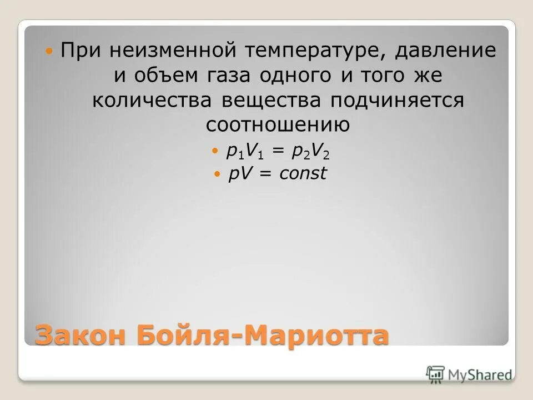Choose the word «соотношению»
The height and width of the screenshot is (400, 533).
coord(278,125)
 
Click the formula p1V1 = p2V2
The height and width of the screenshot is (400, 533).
coord(281,151)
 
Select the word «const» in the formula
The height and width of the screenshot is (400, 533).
coord(303,174)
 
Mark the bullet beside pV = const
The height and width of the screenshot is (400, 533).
coord(217,174)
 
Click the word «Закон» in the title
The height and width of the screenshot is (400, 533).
coord(79,336)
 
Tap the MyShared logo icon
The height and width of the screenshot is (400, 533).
coord(435,374)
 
